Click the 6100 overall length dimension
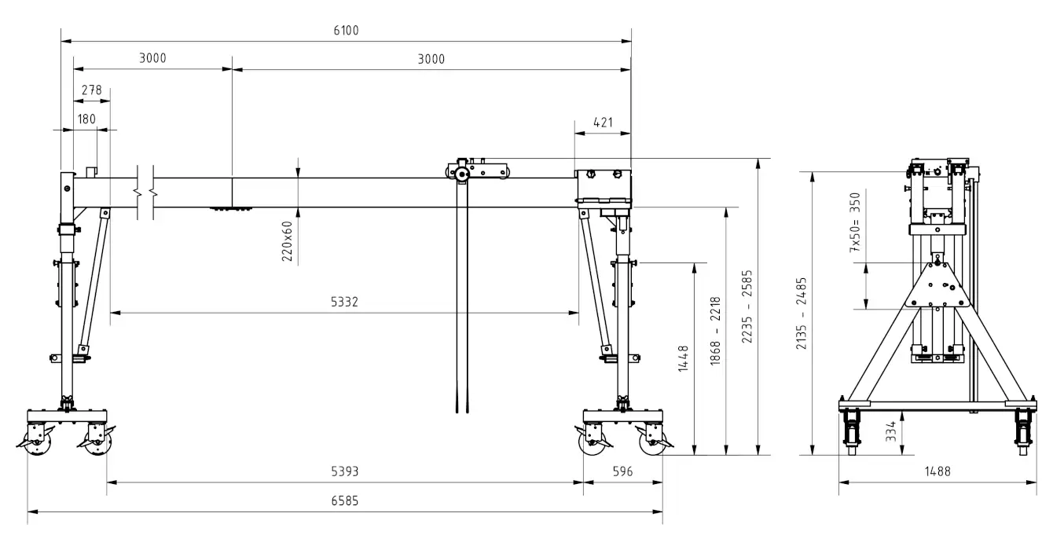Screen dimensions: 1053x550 (x=346, y=31)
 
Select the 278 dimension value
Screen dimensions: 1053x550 (x=91, y=90)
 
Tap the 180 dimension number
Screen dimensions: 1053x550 (x=86, y=119)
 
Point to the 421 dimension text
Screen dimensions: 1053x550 (x=604, y=123)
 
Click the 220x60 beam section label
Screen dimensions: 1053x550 (x=288, y=241)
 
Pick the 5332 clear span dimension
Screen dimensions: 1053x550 (x=344, y=302)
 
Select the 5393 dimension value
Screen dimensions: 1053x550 (x=344, y=471)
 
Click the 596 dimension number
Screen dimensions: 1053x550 (x=622, y=471)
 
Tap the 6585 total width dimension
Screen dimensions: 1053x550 (x=344, y=501)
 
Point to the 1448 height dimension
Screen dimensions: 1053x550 (x=684, y=358)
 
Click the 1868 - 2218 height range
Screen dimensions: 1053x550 (x=715, y=331)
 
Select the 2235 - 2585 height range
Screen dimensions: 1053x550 (x=747, y=306)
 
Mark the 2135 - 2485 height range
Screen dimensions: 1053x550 (x=801, y=313)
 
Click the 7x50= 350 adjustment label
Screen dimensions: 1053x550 (x=855, y=222)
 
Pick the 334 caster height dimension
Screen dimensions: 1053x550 (x=891, y=431)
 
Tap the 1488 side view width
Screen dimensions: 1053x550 (x=937, y=471)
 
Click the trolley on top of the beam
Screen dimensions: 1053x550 (x=477, y=169)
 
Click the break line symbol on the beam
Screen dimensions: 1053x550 (x=145, y=192)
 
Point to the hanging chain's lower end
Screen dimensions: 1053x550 (x=462, y=412)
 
